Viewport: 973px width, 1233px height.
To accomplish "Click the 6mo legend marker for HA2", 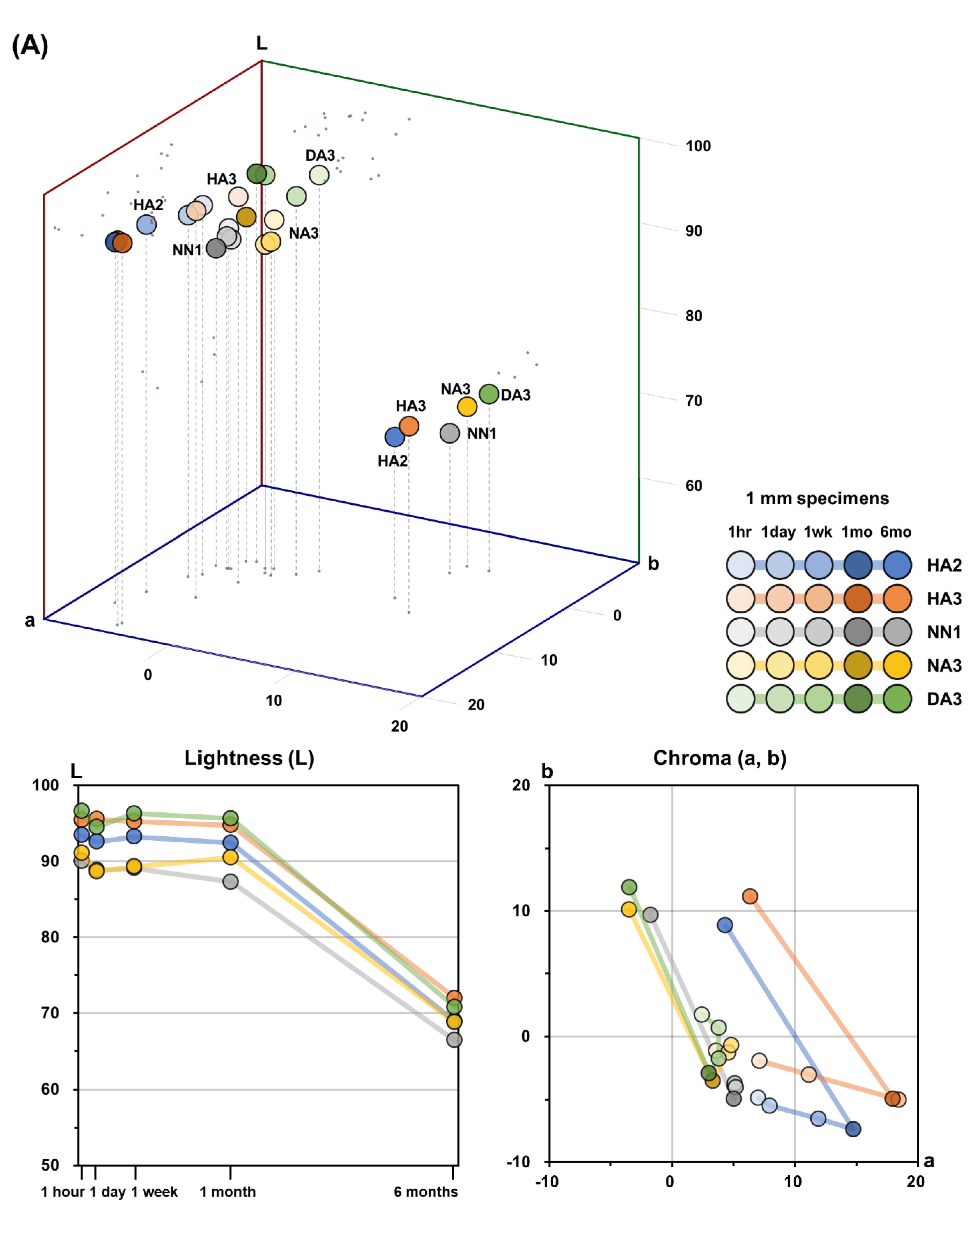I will point(897,565).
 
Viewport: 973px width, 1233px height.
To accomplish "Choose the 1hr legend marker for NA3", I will point(740,665).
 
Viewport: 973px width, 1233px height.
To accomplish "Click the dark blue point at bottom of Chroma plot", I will point(853,1129).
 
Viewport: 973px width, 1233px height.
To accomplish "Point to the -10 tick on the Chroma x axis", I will point(547,1181).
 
